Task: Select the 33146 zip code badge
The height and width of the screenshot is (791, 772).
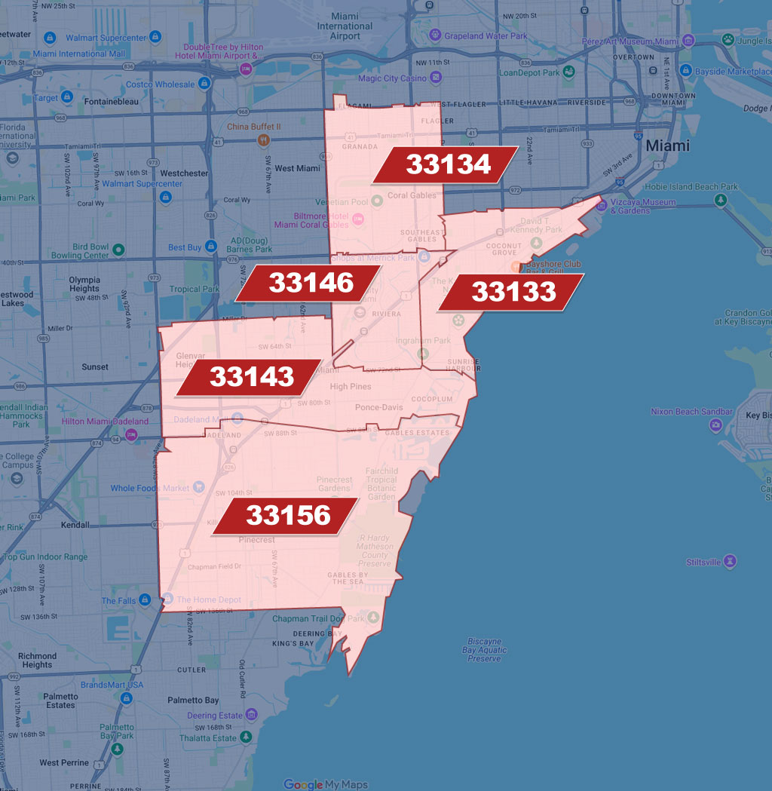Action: pyautogui.click(x=311, y=283)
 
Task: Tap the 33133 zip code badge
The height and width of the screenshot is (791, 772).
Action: pyautogui.click(x=513, y=292)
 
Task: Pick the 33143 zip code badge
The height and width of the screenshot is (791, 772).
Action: pyautogui.click(x=251, y=376)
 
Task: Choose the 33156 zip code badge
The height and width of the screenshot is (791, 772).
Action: pyautogui.click(x=288, y=516)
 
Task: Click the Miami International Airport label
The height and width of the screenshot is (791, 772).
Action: pyautogui.click(x=345, y=26)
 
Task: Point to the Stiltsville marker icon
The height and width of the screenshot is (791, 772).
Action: pyautogui.click(x=729, y=562)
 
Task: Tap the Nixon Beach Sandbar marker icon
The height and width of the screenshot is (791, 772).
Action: pyautogui.click(x=715, y=425)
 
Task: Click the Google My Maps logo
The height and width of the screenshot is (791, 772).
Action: pyautogui.click(x=326, y=784)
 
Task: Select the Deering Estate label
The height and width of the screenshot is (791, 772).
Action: pyautogui.click(x=215, y=715)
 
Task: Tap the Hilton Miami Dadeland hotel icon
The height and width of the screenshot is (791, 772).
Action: pyautogui.click(x=132, y=434)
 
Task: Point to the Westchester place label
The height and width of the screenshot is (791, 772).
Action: pyautogui.click(x=184, y=173)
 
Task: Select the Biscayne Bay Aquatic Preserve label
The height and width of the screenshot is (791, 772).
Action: pyautogui.click(x=484, y=650)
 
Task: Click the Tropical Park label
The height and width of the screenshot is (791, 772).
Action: pyautogui.click(x=195, y=289)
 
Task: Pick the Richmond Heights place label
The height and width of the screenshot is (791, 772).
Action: pyautogui.click(x=38, y=661)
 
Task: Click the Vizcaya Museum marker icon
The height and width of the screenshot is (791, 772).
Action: pyautogui.click(x=601, y=203)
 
